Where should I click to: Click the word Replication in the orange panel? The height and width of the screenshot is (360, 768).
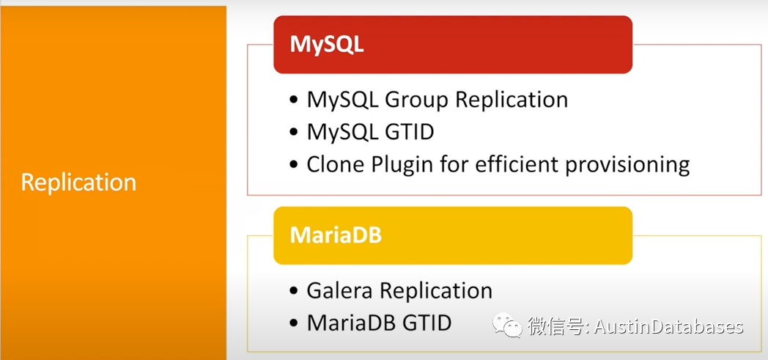point(78,183)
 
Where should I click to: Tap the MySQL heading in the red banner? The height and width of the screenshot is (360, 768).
point(327,45)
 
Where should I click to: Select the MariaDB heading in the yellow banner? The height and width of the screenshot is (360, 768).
point(336,235)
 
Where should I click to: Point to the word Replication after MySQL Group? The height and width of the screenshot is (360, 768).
point(512,100)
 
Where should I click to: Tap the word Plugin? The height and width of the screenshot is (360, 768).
point(405,166)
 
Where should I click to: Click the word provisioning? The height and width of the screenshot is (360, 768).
point(628,166)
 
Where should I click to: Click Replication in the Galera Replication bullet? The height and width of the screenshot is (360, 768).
point(436,292)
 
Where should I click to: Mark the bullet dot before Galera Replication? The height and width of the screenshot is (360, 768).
point(293,291)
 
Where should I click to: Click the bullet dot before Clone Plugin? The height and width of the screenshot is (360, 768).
point(293,165)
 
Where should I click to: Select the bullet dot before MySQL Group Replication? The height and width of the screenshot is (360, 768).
point(293,100)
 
